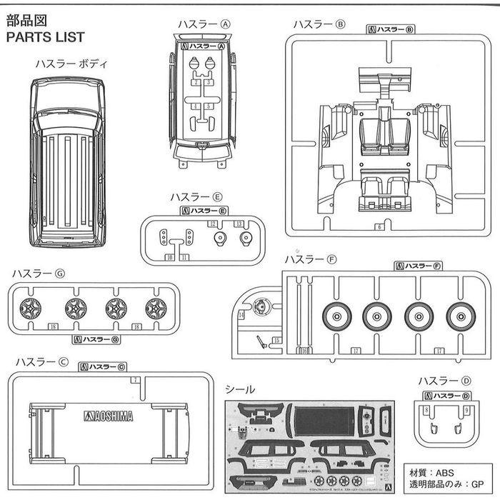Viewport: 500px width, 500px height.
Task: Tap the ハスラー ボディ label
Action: coord(71,64)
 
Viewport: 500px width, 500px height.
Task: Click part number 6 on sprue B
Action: coord(379,227)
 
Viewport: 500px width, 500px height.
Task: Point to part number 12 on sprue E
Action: coord(212,224)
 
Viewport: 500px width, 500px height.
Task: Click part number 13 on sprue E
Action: coord(240,224)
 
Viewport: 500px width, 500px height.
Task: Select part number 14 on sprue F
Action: coord(241,314)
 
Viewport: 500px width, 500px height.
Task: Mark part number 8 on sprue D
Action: coord(426,410)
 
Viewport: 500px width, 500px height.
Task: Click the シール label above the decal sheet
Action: coord(240,390)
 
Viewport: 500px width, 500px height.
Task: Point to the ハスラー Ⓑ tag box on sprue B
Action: coord(392,29)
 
